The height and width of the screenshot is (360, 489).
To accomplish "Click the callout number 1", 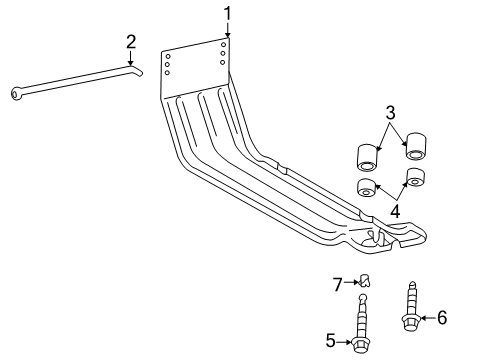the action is (x=227, y=14).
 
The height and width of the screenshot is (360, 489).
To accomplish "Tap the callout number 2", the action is (x=131, y=42).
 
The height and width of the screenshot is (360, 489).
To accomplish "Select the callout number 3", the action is (x=390, y=113).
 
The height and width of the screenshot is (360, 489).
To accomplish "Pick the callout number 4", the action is (x=395, y=211).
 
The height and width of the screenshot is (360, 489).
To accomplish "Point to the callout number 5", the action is (x=330, y=341).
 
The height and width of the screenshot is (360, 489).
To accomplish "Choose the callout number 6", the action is (x=442, y=317).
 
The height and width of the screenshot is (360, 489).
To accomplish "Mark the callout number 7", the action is (x=338, y=284).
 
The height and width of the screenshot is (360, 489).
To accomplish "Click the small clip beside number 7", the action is (x=365, y=280).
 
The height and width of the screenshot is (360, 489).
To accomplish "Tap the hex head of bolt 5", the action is (x=359, y=345).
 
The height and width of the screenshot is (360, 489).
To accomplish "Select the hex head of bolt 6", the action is (x=411, y=322).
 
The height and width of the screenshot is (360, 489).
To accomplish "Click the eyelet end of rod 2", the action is (x=16, y=94).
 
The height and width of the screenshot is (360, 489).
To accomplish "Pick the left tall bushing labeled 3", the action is (x=368, y=158).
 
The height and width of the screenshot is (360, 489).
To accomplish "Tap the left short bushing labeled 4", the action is (x=366, y=188).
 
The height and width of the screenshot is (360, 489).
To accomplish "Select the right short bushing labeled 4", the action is (x=416, y=177).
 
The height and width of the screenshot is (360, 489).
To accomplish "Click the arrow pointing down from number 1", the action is (x=228, y=30).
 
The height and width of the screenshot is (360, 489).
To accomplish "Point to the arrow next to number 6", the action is (x=428, y=318).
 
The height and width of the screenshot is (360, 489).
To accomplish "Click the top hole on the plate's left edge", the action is (x=168, y=56).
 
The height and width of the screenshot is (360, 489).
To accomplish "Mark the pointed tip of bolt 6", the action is (x=413, y=283).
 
